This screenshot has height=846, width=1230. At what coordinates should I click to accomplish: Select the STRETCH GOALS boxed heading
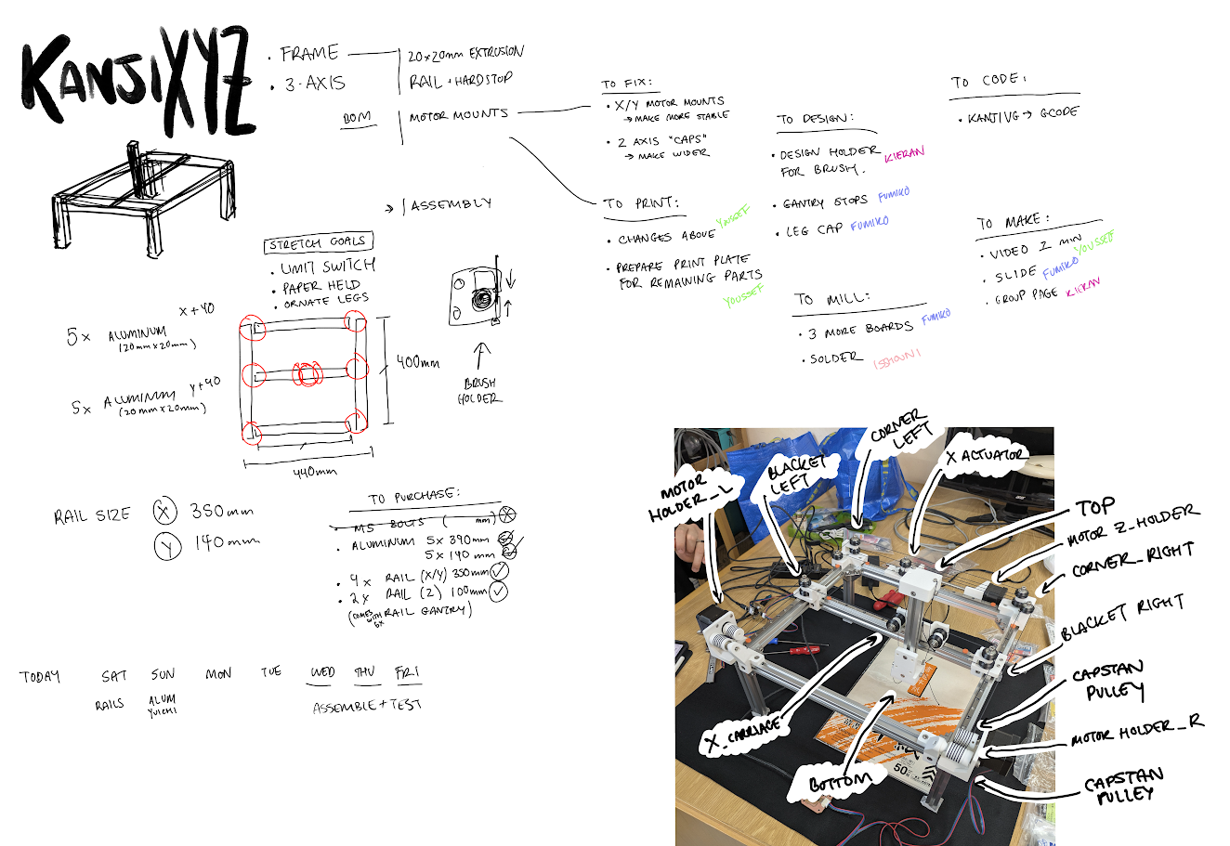[318, 243]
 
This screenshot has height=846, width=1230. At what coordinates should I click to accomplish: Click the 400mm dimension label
[418, 361]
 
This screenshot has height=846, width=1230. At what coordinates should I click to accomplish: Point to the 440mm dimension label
[315, 473]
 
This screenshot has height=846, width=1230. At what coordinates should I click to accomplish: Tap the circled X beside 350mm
[164, 511]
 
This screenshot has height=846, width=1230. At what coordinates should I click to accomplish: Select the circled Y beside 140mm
[167, 547]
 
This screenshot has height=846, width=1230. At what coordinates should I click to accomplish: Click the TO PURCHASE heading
[413, 498]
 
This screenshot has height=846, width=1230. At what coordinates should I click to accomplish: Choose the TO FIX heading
[626, 84]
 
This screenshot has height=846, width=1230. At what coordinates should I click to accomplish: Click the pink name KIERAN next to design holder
[904, 154]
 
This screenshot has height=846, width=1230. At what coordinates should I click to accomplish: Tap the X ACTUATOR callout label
[986, 455]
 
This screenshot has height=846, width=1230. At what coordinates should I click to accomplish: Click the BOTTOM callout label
[841, 782]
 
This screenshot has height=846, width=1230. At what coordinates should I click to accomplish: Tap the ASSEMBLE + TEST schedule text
[367, 706]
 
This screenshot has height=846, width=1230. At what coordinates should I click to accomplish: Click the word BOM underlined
[357, 118]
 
